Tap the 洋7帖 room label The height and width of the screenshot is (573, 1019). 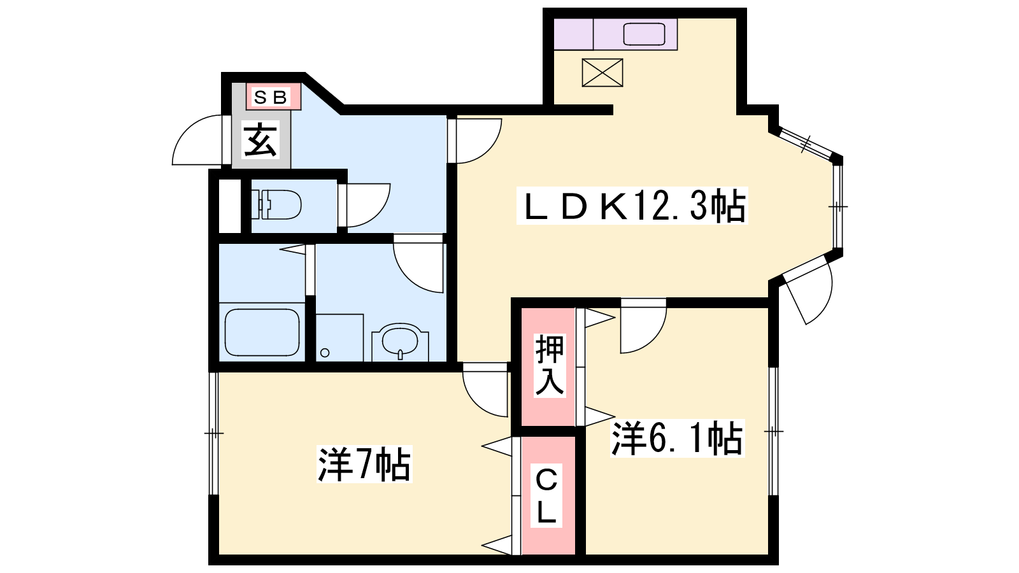click(x=364, y=464)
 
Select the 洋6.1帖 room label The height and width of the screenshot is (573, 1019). click(x=677, y=439)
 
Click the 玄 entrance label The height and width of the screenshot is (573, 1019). click(x=260, y=139)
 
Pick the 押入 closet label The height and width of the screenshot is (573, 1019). click(x=550, y=365)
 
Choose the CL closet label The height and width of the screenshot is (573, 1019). click(x=546, y=496)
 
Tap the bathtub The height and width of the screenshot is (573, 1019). click(x=262, y=332)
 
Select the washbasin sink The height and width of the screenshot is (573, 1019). click(x=400, y=341)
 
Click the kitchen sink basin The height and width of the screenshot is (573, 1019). click(x=644, y=34)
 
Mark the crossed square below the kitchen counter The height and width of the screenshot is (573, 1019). click(x=602, y=73)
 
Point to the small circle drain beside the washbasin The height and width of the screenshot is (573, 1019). click(x=325, y=353)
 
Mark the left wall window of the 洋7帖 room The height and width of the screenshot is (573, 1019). click(x=214, y=434)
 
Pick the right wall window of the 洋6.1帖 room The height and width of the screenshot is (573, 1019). click(x=773, y=431)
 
